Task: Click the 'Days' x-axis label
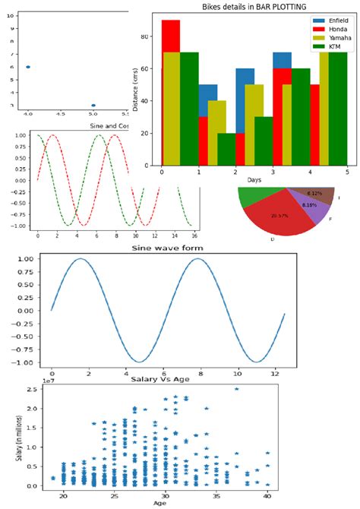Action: pyautogui.click(x=253, y=180)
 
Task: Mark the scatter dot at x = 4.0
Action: pyautogui.click(x=28, y=67)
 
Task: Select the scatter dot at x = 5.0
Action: pyautogui.click(x=93, y=105)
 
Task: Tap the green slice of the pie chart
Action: pyautogui.click(x=251, y=197)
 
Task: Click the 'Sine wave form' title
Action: pyautogui.click(x=168, y=248)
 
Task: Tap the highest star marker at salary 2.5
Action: pyautogui.click(x=236, y=389)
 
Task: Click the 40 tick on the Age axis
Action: pyautogui.click(x=267, y=495)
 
